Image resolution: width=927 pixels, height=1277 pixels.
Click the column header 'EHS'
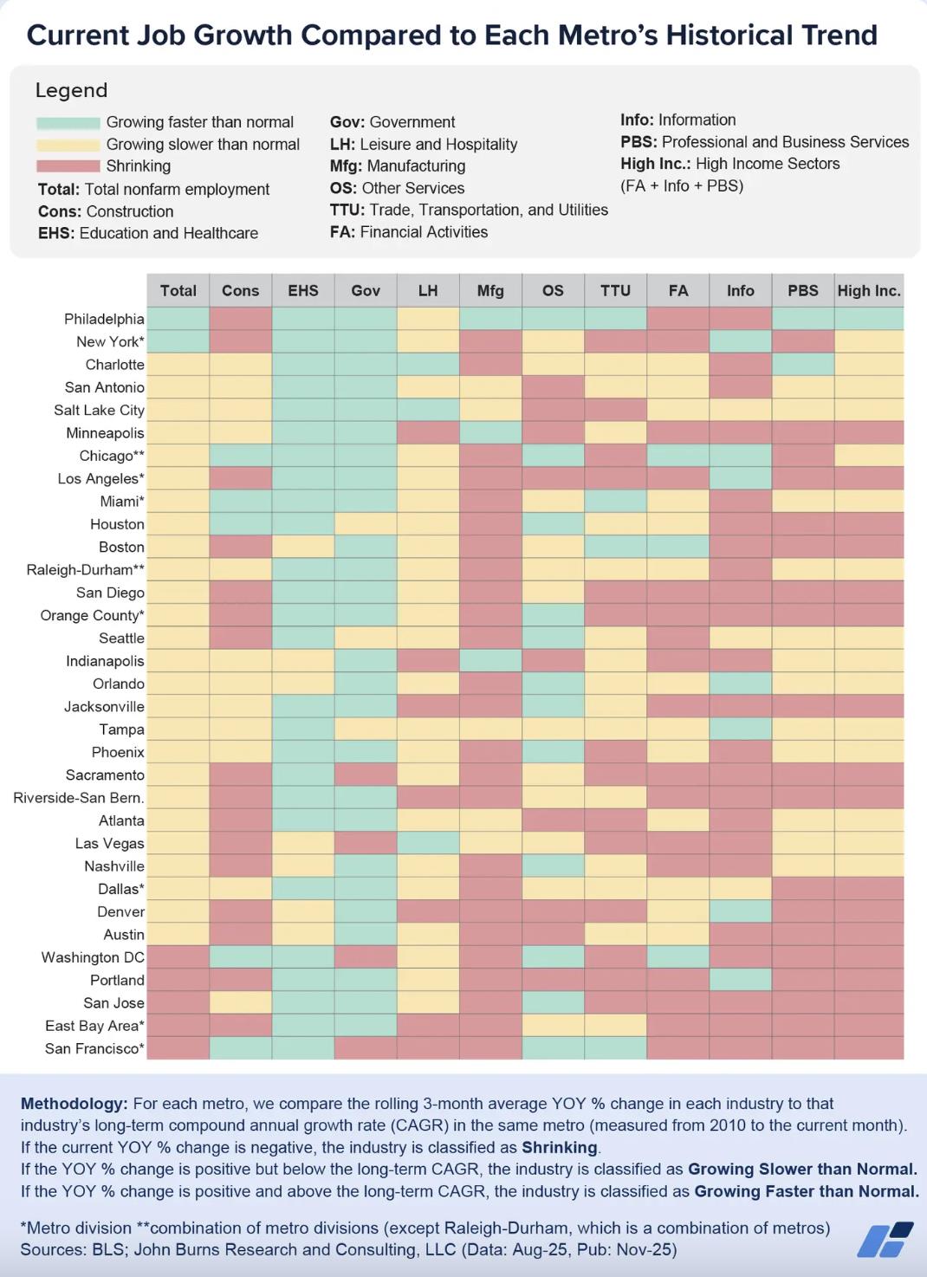[303, 291]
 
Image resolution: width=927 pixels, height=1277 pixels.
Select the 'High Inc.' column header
[869, 291]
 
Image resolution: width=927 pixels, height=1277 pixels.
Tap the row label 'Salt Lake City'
[99, 410]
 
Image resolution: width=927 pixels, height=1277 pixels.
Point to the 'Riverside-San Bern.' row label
[79, 797]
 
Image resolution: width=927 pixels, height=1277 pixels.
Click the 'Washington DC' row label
[93, 957]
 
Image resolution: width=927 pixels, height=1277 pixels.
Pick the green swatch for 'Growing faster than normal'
[68, 123]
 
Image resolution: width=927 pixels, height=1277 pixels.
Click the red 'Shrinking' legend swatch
[68, 166]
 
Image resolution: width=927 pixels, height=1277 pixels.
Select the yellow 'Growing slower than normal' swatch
[68, 145]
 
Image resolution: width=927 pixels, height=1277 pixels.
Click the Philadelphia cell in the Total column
[178, 319]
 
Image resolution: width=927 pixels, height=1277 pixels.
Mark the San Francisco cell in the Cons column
[241, 1048]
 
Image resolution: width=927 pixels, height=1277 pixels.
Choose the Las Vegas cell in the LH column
[428, 843]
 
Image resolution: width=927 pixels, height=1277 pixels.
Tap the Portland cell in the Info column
[741, 980]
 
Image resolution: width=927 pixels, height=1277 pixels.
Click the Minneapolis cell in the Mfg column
[490, 432]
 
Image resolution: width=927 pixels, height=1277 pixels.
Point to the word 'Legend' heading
[71, 90]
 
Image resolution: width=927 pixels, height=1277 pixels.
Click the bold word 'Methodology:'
[75, 1104]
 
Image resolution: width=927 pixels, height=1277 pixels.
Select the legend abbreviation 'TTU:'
[347, 210]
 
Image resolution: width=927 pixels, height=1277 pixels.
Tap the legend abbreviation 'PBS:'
[639, 142]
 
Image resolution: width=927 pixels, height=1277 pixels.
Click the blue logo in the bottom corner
[885, 1239]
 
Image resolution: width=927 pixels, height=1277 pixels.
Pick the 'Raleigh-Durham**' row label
[86, 569]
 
